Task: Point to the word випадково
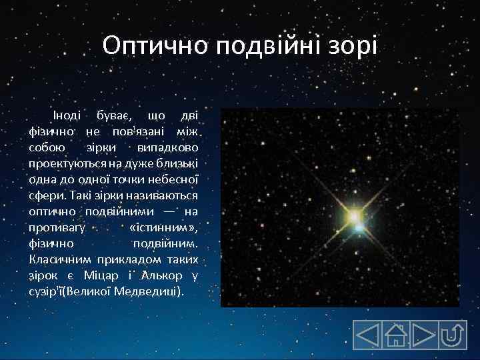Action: (x=169, y=146)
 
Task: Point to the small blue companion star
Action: (x=361, y=228)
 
